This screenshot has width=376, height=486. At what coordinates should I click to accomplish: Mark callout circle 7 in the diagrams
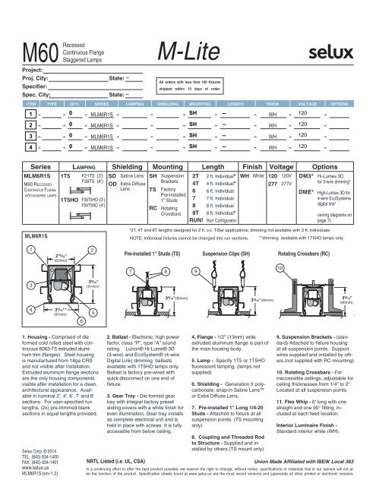133,271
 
